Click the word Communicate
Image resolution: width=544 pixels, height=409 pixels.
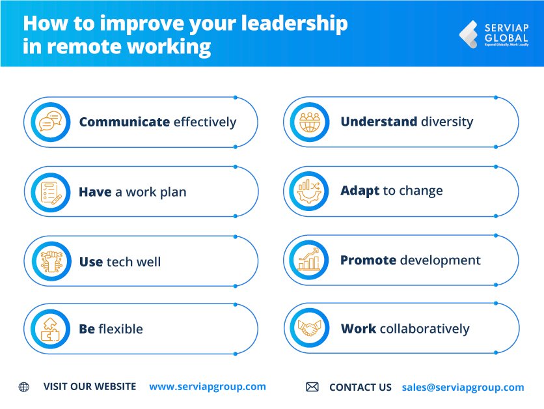coord(124,122)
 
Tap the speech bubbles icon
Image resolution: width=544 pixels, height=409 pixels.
coord(50,122)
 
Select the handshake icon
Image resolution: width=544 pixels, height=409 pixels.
coord(310,328)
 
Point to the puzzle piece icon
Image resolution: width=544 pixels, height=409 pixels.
coord(50,328)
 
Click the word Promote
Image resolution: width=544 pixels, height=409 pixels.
coord(368,261)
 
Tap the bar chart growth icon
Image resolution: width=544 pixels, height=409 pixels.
coord(310,260)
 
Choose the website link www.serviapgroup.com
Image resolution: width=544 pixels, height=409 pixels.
coord(208,386)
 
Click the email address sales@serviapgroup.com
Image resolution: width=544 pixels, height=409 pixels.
coord(463,387)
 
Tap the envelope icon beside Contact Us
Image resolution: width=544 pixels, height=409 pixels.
coord(312,387)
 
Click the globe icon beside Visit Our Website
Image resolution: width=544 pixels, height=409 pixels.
coord(24,387)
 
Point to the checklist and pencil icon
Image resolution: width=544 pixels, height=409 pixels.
coord(50,191)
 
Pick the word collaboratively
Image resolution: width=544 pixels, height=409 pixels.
coord(424,329)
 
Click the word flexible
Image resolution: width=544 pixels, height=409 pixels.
coord(121,329)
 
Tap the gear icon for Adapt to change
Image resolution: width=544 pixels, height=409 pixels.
coord(310,191)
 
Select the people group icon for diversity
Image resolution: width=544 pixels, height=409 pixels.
coord(310,122)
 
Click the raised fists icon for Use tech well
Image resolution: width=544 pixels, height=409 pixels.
coord(50,261)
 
